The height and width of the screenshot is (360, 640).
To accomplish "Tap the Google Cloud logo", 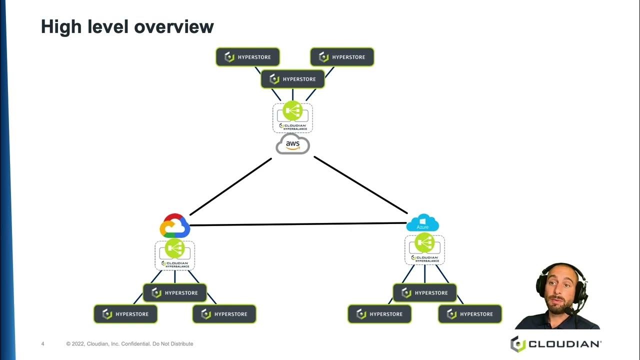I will tap(174, 226).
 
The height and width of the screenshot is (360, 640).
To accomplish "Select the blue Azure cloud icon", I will tap(422, 223).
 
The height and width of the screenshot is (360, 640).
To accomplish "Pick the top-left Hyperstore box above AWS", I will tap(247, 57).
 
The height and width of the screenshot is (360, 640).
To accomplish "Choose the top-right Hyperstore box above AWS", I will tap(342, 57).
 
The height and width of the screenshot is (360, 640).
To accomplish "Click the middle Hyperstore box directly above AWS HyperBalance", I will tap(292, 79).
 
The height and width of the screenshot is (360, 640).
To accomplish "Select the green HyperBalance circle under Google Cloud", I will tap(174, 248).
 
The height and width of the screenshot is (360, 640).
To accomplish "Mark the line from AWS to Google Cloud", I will tap(231, 186).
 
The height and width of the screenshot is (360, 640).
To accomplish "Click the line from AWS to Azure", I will tap(360, 185).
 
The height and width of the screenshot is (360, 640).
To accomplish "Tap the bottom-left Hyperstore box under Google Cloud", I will tap(125, 314).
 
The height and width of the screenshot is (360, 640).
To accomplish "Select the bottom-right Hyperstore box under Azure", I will tap(470, 314).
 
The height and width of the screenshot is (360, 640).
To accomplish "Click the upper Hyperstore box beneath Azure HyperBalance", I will tap(424, 293).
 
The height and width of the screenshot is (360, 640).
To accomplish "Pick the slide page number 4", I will tap(43, 344).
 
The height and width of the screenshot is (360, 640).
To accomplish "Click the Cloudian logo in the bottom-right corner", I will tap(555, 344).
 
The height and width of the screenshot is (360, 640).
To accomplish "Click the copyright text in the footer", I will tap(129, 344).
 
